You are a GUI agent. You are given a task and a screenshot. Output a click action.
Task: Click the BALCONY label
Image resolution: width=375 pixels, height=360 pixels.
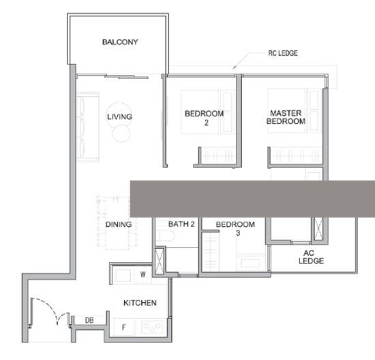click(120, 42)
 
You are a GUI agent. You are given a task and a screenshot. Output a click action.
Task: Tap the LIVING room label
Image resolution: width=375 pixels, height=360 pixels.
click(119, 117)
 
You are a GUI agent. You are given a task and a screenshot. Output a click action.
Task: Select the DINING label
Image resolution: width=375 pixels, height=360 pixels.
click(119, 224)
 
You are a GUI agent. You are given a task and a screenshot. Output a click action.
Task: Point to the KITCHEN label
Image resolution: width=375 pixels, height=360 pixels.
click(140, 303)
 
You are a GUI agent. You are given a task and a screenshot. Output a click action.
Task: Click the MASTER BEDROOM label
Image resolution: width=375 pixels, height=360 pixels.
click(286, 117)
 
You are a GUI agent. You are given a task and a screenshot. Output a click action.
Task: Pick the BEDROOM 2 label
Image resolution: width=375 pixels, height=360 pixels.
click(205, 118)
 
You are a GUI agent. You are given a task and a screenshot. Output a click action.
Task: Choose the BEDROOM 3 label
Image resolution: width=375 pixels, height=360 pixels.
click(235, 228)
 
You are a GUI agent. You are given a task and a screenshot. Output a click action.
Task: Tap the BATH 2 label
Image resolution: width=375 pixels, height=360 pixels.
click(181, 224)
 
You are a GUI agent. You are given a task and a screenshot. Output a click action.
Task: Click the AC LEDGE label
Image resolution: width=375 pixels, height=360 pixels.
click(311, 257)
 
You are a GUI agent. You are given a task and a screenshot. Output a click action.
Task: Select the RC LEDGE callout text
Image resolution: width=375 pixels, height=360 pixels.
click(283, 53)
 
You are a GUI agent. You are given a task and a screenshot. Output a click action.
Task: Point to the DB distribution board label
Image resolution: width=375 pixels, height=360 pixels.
click(89, 320)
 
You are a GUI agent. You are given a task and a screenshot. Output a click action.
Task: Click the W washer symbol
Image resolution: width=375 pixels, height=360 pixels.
click(142, 274)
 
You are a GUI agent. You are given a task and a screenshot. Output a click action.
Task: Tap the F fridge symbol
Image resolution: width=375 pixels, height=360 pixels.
click(123, 327)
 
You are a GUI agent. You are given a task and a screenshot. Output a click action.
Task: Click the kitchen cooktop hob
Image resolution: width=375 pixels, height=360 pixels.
click(152, 327)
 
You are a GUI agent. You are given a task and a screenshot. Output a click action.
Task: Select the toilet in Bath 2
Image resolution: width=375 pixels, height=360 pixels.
click(164, 236)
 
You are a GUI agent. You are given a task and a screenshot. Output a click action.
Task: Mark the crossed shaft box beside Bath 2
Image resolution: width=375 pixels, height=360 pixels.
click(160, 261)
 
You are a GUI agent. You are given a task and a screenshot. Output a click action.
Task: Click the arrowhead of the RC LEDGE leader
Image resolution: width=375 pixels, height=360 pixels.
click(235, 67)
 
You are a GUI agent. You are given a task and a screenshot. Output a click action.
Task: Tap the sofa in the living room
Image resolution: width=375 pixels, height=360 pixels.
click(87, 127)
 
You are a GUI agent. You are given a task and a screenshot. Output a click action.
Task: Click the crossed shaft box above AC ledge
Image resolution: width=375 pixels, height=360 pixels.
click(318, 228)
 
